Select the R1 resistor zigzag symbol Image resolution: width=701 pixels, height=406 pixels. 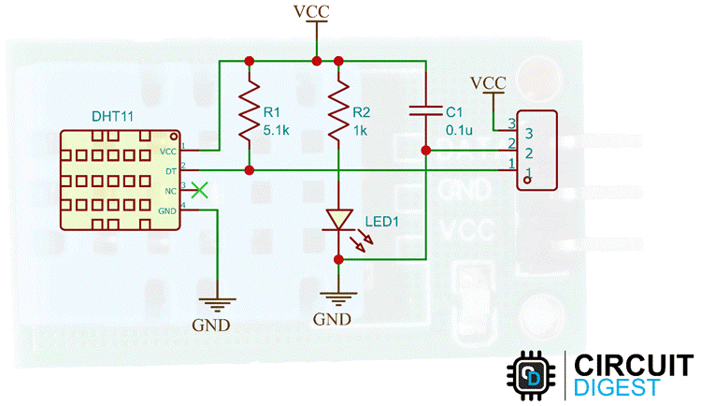click(250, 112)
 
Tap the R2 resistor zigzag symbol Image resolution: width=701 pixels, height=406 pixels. click(337, 112)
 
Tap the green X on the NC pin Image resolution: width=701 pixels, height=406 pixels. click(198, 190)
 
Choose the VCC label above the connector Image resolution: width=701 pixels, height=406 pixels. click(489, 82)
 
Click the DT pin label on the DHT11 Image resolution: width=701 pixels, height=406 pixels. click(170, 172)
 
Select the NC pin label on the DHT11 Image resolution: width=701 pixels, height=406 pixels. click(170, 192)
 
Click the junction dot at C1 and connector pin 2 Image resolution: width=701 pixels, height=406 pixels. click(425, 150)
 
